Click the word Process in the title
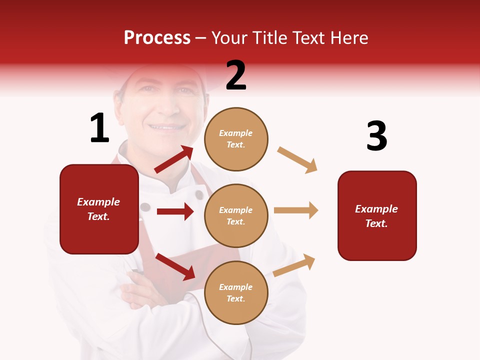pos(157,37)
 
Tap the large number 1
pos(99,128)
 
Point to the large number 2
pos(236,75)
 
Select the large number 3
pos(376,136)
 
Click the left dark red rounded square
pos(99,209)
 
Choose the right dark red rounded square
pos(377,215)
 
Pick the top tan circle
pos(236,139)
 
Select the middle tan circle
pos(236,215)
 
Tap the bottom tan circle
pos(236,292)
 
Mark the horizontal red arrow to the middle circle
pos(175,211)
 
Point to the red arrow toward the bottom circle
pos(175,266)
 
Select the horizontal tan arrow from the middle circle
pos(295,210)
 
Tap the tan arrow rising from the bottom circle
pos(294,265)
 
